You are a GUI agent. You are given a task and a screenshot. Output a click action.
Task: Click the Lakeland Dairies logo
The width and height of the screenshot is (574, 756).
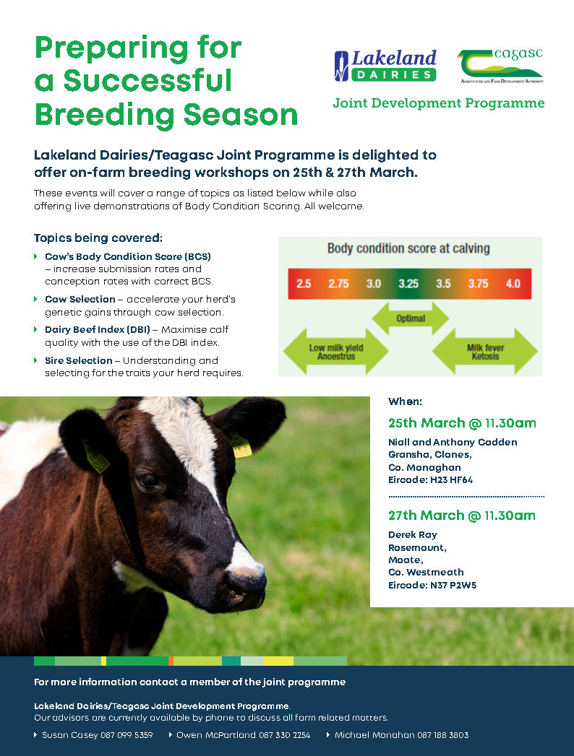click(385, 66)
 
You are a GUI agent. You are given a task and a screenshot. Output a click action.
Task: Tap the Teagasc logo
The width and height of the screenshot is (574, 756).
click(500, 66)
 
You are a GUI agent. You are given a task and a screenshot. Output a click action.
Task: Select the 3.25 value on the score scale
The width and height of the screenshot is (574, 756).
click(408, 284)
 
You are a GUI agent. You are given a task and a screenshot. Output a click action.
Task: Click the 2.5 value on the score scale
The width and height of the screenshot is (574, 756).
click(304, 284)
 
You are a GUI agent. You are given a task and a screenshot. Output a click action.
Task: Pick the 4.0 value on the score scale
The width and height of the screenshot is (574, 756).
click(513, 284)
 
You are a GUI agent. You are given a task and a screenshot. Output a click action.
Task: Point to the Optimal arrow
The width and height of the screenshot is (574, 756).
click(411, 318)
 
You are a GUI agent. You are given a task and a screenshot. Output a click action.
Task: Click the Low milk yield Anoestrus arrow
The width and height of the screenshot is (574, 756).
click(336, 352)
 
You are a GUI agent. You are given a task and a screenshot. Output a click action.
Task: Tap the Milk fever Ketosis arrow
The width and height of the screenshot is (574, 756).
click(485, 352)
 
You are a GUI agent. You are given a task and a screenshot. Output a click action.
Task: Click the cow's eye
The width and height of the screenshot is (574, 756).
click(147, 480)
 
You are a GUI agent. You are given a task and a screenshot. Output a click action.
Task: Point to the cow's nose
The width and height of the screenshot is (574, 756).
click(247, 578)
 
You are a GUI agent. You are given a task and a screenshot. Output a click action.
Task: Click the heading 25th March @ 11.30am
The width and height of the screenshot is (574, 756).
click(462, 423)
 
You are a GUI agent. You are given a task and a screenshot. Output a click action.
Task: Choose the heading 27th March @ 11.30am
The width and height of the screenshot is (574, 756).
click(462, 516)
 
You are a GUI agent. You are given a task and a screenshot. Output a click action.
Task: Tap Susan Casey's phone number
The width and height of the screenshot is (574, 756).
click(127, 735)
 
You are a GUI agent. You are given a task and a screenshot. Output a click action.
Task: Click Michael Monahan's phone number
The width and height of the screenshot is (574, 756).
click(442, 735)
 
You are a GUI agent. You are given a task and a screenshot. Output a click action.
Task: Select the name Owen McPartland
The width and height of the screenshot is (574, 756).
click(216, 735)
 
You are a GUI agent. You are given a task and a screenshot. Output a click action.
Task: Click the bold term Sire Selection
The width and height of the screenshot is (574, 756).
click(79, 360)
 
